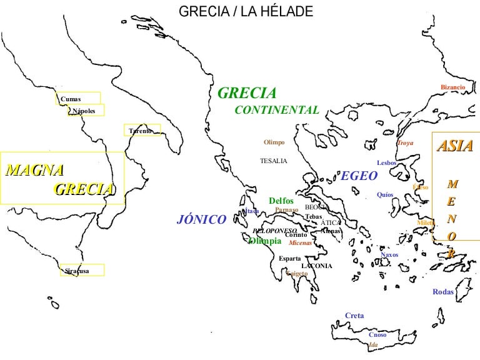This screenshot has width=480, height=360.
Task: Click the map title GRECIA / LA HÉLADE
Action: point(246,12)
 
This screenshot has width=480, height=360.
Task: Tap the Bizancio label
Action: point(452,87)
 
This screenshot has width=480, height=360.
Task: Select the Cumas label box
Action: point(76,98)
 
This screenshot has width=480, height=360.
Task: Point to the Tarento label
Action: point(141,131)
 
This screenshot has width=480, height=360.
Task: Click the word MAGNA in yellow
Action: point(34,169)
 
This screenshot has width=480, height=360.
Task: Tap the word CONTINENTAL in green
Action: point(277,110)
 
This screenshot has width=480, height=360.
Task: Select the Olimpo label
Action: point(274,142)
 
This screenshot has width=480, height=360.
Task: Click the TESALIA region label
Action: point(273,161)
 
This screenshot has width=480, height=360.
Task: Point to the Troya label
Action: point(405,143)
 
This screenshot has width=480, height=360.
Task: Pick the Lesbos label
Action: point(387,163)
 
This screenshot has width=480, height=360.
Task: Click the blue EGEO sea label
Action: point(359,176)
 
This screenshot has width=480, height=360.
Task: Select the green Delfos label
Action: point(281,201)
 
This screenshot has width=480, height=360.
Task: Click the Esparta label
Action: point(290,258)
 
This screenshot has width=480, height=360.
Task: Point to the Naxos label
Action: point(389,254)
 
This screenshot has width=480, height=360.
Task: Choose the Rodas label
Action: point(443,292)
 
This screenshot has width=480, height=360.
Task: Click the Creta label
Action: point(354,316)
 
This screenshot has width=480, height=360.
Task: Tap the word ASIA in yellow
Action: point(454,147)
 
